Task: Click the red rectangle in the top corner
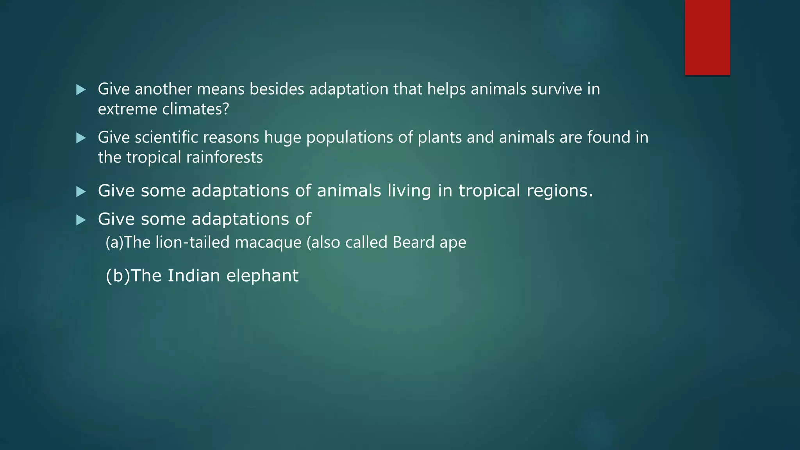pos(707,37)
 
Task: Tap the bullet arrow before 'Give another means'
pos(81,90)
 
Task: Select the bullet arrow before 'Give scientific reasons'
pos(81,138)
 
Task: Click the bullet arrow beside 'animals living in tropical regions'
pos(81,191)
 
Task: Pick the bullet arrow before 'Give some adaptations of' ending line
pos(81,220)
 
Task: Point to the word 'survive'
pos(557,89)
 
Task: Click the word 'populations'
pos(350,138)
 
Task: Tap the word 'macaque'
pos(268,243)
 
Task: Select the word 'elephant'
pos(262,276)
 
